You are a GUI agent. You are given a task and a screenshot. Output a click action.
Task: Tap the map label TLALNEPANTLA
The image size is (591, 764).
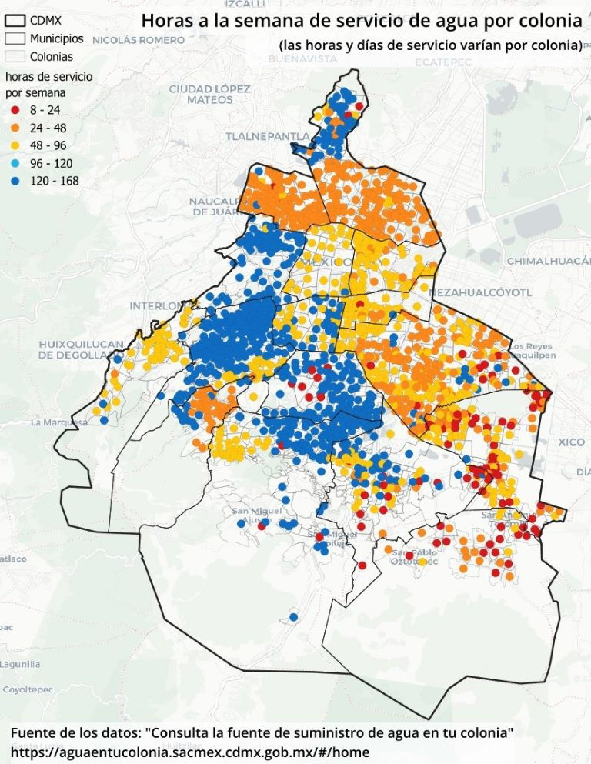click(x=267, y=136)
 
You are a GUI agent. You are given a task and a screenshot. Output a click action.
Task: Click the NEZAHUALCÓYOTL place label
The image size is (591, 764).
click(x=481, y=293)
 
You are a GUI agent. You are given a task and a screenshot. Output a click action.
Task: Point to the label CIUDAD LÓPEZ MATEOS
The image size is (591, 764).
click(x=209, y=95)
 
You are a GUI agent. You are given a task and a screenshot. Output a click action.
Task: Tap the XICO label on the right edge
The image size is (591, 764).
click(x=572, y=442)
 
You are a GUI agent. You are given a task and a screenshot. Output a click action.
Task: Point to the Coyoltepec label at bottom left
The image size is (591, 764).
click(x=31, y=690)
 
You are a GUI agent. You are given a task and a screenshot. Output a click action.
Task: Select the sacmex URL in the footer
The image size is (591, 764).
click(x=190, y=752)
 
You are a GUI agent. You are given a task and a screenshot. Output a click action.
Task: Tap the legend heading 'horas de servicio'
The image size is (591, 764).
click(x=48, y=78)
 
